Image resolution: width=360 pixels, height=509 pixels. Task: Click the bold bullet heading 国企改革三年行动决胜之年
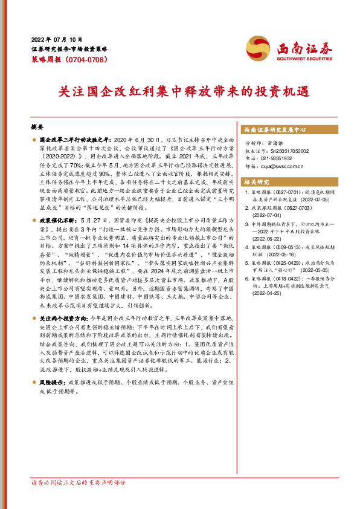click(x=69, y=140)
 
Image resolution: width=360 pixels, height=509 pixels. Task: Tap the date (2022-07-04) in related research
click(x=267, y=213)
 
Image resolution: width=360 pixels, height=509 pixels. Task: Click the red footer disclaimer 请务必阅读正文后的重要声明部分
click(x=79, y=500)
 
